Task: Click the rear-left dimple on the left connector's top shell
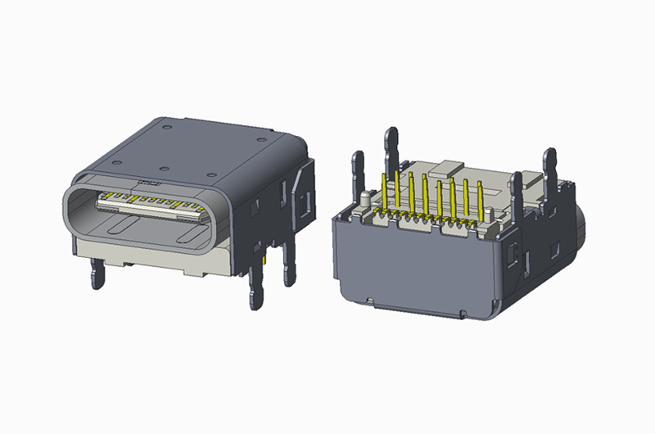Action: [166, 129]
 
